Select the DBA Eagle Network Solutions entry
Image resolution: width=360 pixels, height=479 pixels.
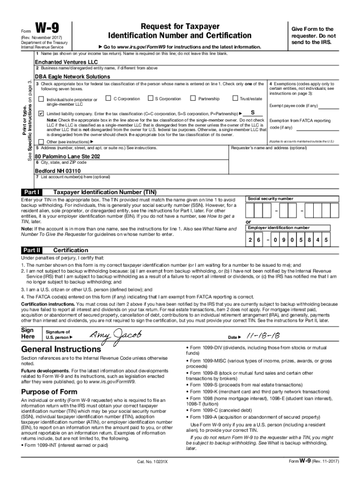(x=72, y=76)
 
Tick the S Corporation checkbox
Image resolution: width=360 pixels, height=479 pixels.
(x=150, y=99)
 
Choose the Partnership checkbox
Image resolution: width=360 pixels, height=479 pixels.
(x=193, y=99)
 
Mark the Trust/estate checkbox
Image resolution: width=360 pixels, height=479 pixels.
(x=235, y=99)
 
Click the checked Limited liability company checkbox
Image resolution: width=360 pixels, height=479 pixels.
(x=41, y=114)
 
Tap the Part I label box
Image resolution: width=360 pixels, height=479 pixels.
(x=32, y=192)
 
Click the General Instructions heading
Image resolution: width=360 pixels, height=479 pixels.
(x=61, y=349)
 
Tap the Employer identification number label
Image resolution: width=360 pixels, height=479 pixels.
(x=279, y=215)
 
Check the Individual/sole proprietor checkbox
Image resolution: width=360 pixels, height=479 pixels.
(x=41, y=99)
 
